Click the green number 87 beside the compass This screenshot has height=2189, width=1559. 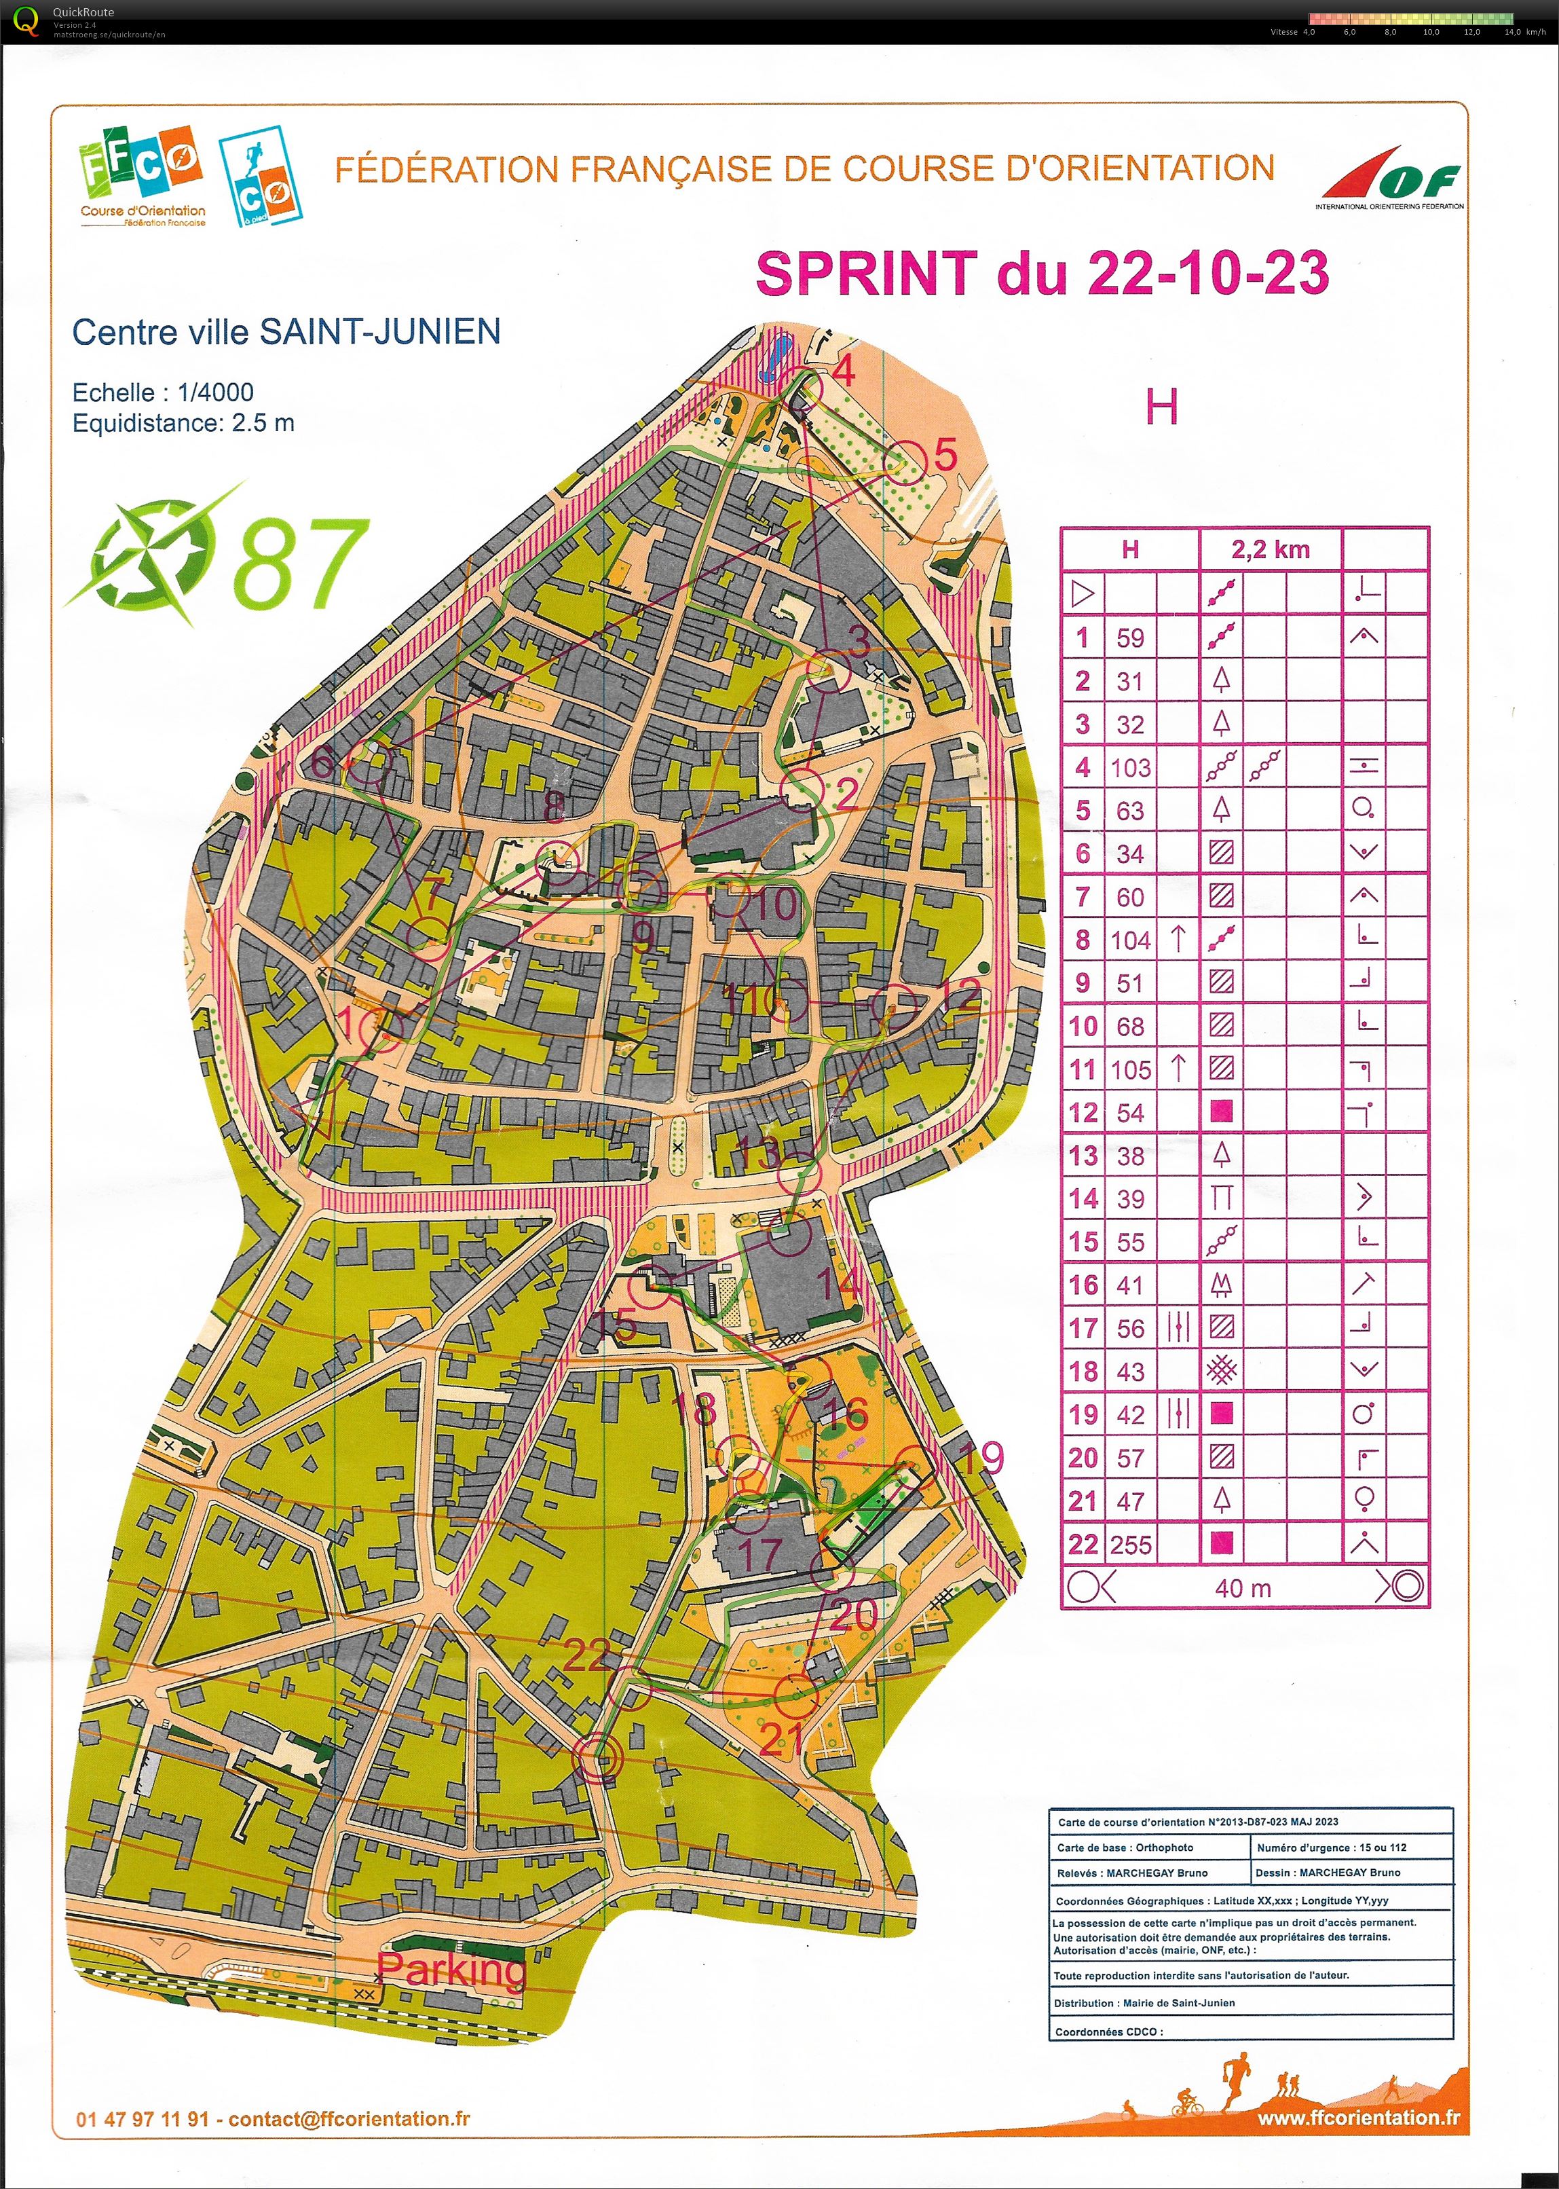(x=299, y=564)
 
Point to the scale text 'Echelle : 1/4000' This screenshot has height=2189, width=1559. (x=163, y=392)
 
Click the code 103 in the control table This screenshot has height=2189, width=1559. (x=1130, y=767)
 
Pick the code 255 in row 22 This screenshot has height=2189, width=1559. (x=1130, y=1545)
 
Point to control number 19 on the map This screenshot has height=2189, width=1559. (x=981, y=1458)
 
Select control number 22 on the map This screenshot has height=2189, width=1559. (x=586, y=1654)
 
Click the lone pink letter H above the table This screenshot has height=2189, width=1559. (x=1161, y=409)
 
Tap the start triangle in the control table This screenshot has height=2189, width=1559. (x=1082, y=593)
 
